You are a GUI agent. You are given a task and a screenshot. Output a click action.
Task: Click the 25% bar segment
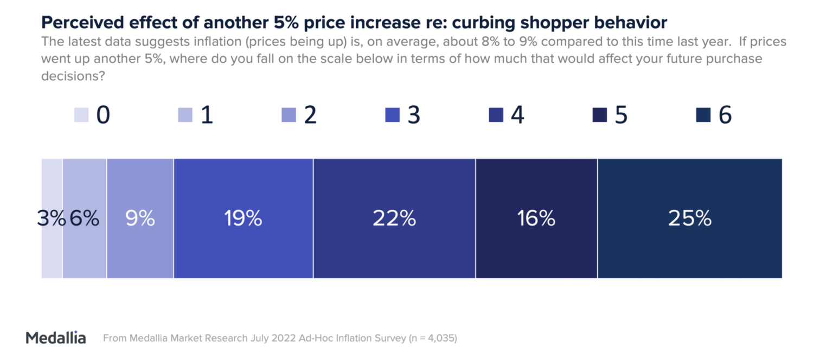click(689, 218)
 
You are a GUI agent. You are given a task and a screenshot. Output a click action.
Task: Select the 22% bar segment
click(394, 218)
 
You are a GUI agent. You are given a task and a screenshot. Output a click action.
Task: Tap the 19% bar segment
click(243, 218)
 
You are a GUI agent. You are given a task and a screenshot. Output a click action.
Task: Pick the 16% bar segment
click(536, 218)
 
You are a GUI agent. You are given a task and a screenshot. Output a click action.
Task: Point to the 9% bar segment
click(140, 218)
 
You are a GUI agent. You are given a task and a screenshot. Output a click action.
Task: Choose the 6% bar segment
click(85, 218)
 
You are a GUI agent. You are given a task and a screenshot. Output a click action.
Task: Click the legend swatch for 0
click(81, 115)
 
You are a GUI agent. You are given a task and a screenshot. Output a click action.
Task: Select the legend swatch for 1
click(185, 115)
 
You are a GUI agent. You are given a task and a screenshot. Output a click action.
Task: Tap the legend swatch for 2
click(289, 115)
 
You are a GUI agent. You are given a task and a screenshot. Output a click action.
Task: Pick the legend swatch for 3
click(392, 115)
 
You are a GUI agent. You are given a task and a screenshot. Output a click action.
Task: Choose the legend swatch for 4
click(496, 115)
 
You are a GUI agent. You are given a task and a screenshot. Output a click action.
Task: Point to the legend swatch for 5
click(599, 115)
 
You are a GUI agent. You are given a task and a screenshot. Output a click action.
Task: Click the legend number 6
click(725, 115)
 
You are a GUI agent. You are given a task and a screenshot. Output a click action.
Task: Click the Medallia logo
click(56, 338)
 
